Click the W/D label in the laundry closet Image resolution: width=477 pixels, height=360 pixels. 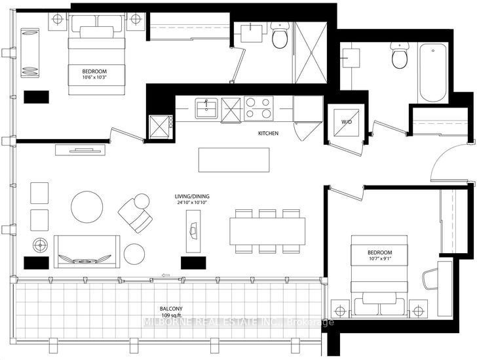coord(346,122)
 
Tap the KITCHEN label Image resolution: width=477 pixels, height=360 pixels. coord(268,133)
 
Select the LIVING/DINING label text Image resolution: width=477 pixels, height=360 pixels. coord(192,197)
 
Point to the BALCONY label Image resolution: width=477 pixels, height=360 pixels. coord(172,309)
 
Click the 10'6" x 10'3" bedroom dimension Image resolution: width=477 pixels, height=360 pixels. coord(94,77)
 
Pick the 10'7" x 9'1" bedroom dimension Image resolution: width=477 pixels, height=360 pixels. coord(379,258)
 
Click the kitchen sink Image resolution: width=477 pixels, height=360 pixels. coord(206,108)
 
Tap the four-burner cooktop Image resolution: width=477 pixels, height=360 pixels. coord(259,108)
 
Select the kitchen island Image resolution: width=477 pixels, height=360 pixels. coord(234,160)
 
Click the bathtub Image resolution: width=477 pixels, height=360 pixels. coord(432,73)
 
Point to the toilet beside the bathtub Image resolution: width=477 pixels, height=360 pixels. coord(400,55)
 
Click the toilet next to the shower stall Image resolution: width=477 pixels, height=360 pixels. coord(279,35)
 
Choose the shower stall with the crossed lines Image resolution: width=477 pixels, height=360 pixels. coord(311,52)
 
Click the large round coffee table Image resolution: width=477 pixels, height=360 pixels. coord(86,207)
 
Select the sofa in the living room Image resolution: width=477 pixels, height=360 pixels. coord(87,252)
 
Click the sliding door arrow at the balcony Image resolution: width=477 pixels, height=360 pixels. coord(166,275)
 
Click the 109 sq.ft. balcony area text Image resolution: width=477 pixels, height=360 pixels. coord(172,315)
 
